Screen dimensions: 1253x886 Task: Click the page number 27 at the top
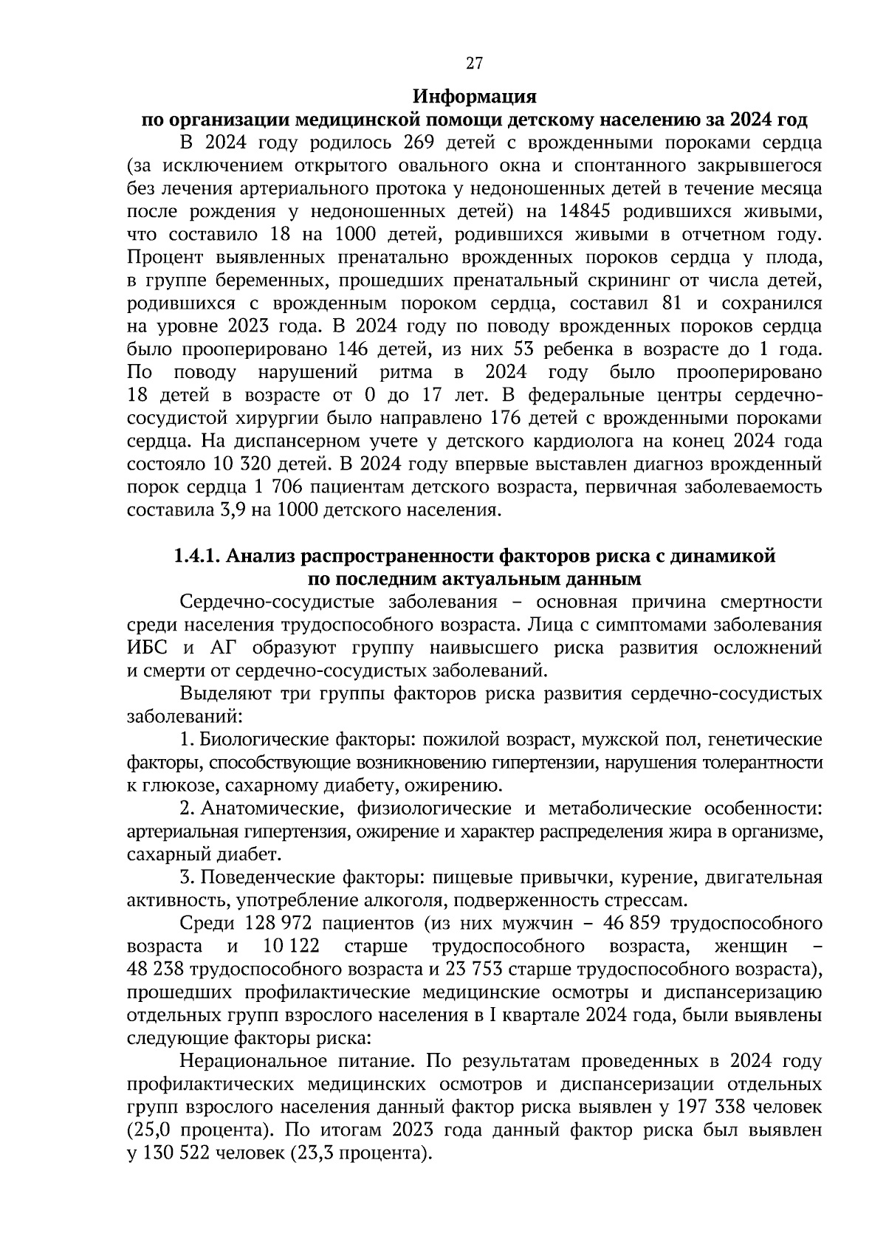click(x=474, y=63)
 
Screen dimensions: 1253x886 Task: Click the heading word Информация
click(x=474, y=97)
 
